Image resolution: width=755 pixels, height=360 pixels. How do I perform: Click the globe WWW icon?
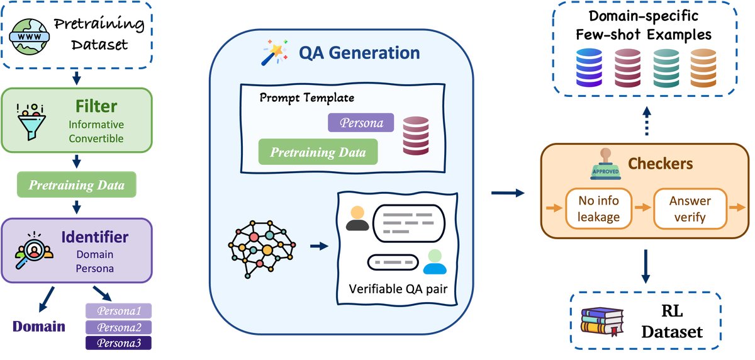[x=30, y=35]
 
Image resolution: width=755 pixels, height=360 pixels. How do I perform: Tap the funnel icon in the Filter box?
[x=30, y=120]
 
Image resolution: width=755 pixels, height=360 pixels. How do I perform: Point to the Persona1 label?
[x=118, y=311]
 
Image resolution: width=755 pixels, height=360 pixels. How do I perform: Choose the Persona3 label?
[x=118, y=342]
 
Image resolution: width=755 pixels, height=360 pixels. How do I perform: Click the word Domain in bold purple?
[x=40, y=326]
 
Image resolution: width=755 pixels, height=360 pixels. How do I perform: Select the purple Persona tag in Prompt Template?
[x=361, y=122]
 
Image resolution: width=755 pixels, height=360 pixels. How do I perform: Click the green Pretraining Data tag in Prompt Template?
[x=318, y=152]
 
